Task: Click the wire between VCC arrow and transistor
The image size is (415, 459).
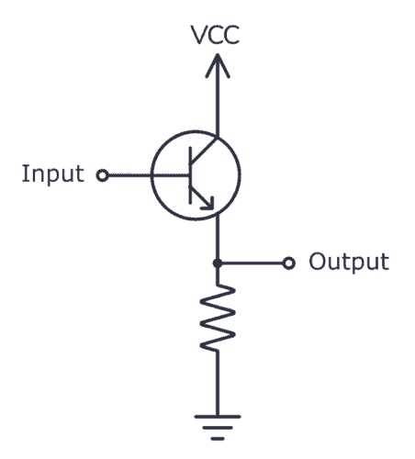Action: click(217, 106)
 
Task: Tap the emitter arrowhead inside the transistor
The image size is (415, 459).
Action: click(210, 205)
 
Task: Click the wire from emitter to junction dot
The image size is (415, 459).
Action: click(217, 241)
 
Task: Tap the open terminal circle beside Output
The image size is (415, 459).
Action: click(288, 264)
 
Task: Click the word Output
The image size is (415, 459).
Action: click(348, 262)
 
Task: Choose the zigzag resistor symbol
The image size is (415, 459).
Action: click(217, 317)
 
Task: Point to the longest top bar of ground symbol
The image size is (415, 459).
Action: click(217, 414)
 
